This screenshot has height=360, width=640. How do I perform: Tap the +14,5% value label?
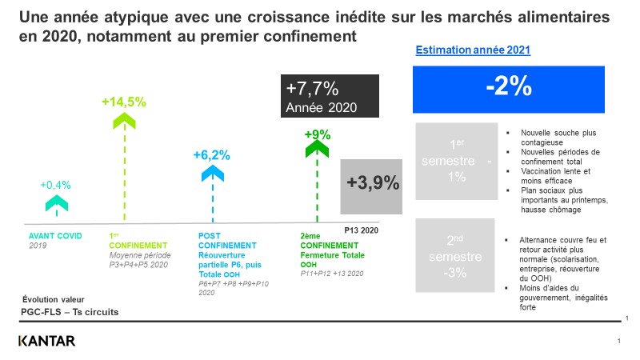tap(123, 102)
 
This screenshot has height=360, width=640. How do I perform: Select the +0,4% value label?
tap(56, 185)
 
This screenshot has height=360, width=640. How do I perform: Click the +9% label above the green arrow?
tap(318, 134)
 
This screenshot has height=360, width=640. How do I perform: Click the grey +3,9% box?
tap(372, 183)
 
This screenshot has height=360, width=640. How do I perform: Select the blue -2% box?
tap(509, 88)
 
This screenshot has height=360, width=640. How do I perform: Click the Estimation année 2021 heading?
tap(474, 50)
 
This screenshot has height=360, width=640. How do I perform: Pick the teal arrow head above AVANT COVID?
tap(56, 202)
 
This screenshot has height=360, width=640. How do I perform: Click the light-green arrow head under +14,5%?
tap(123, 120)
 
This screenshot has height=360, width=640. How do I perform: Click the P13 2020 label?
tap(361, 229)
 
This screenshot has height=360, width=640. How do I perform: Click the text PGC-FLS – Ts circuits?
tap(70, 311)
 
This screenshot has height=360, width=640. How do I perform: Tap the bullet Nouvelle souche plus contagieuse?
tap(558, 137)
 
